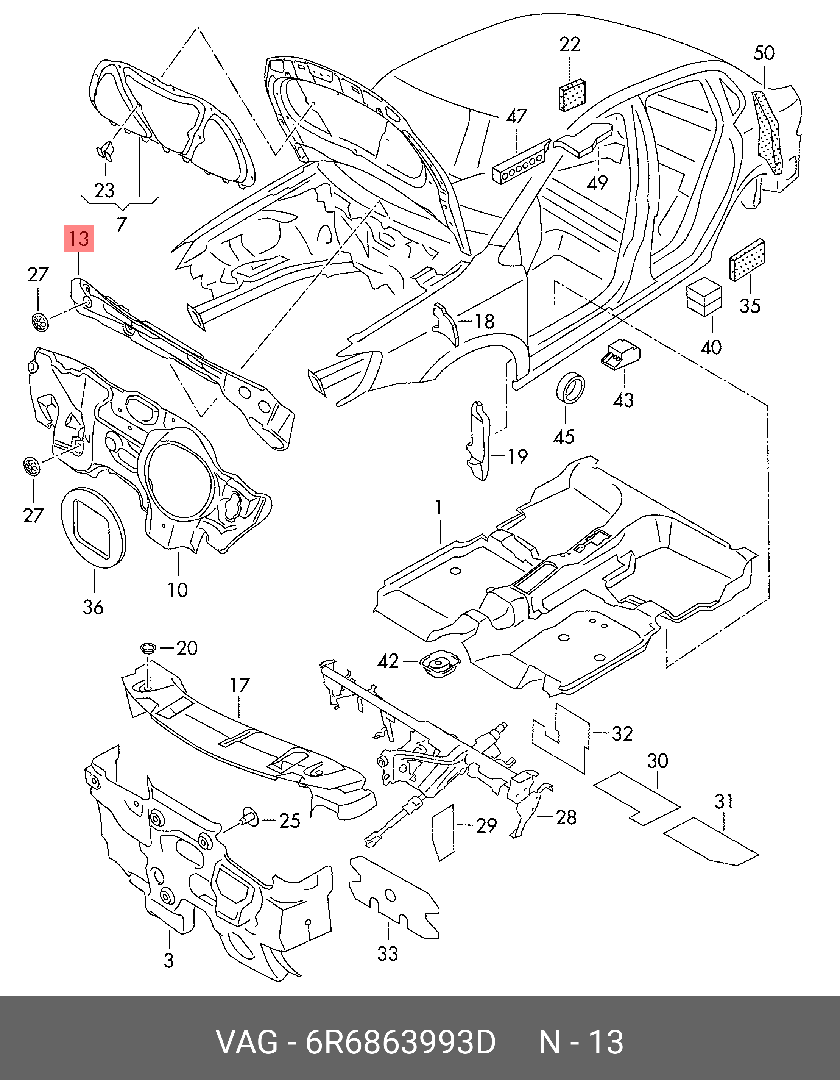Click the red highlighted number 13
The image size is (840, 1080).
click(x=79, y=239)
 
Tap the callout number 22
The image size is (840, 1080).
click(x=569, y=45)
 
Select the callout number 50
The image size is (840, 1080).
click(x=764, y=53)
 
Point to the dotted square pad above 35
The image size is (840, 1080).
click(x=746, y=260)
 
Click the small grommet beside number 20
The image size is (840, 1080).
click(x=148, y=647)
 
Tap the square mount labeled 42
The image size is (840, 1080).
click(x=439, y=663)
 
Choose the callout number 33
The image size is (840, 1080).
click(x=388, y=953)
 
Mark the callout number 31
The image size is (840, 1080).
click(x=723, y=802)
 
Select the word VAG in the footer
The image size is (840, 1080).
click(x=247, y=1042)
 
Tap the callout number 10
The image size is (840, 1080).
click(x=178, y=589)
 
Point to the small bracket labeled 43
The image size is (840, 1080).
click(x=620, y=355)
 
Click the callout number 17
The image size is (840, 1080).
click(x=240, y=686)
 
